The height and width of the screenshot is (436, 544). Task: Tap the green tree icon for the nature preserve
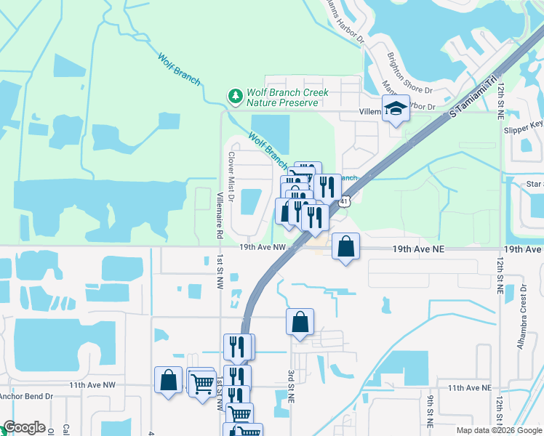point(235,96)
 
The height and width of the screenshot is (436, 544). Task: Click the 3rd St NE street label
point(291,385)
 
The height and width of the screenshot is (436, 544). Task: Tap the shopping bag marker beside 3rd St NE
point(300,321)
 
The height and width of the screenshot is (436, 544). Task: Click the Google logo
point(24,427)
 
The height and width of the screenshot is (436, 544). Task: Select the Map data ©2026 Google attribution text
point(498,430)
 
